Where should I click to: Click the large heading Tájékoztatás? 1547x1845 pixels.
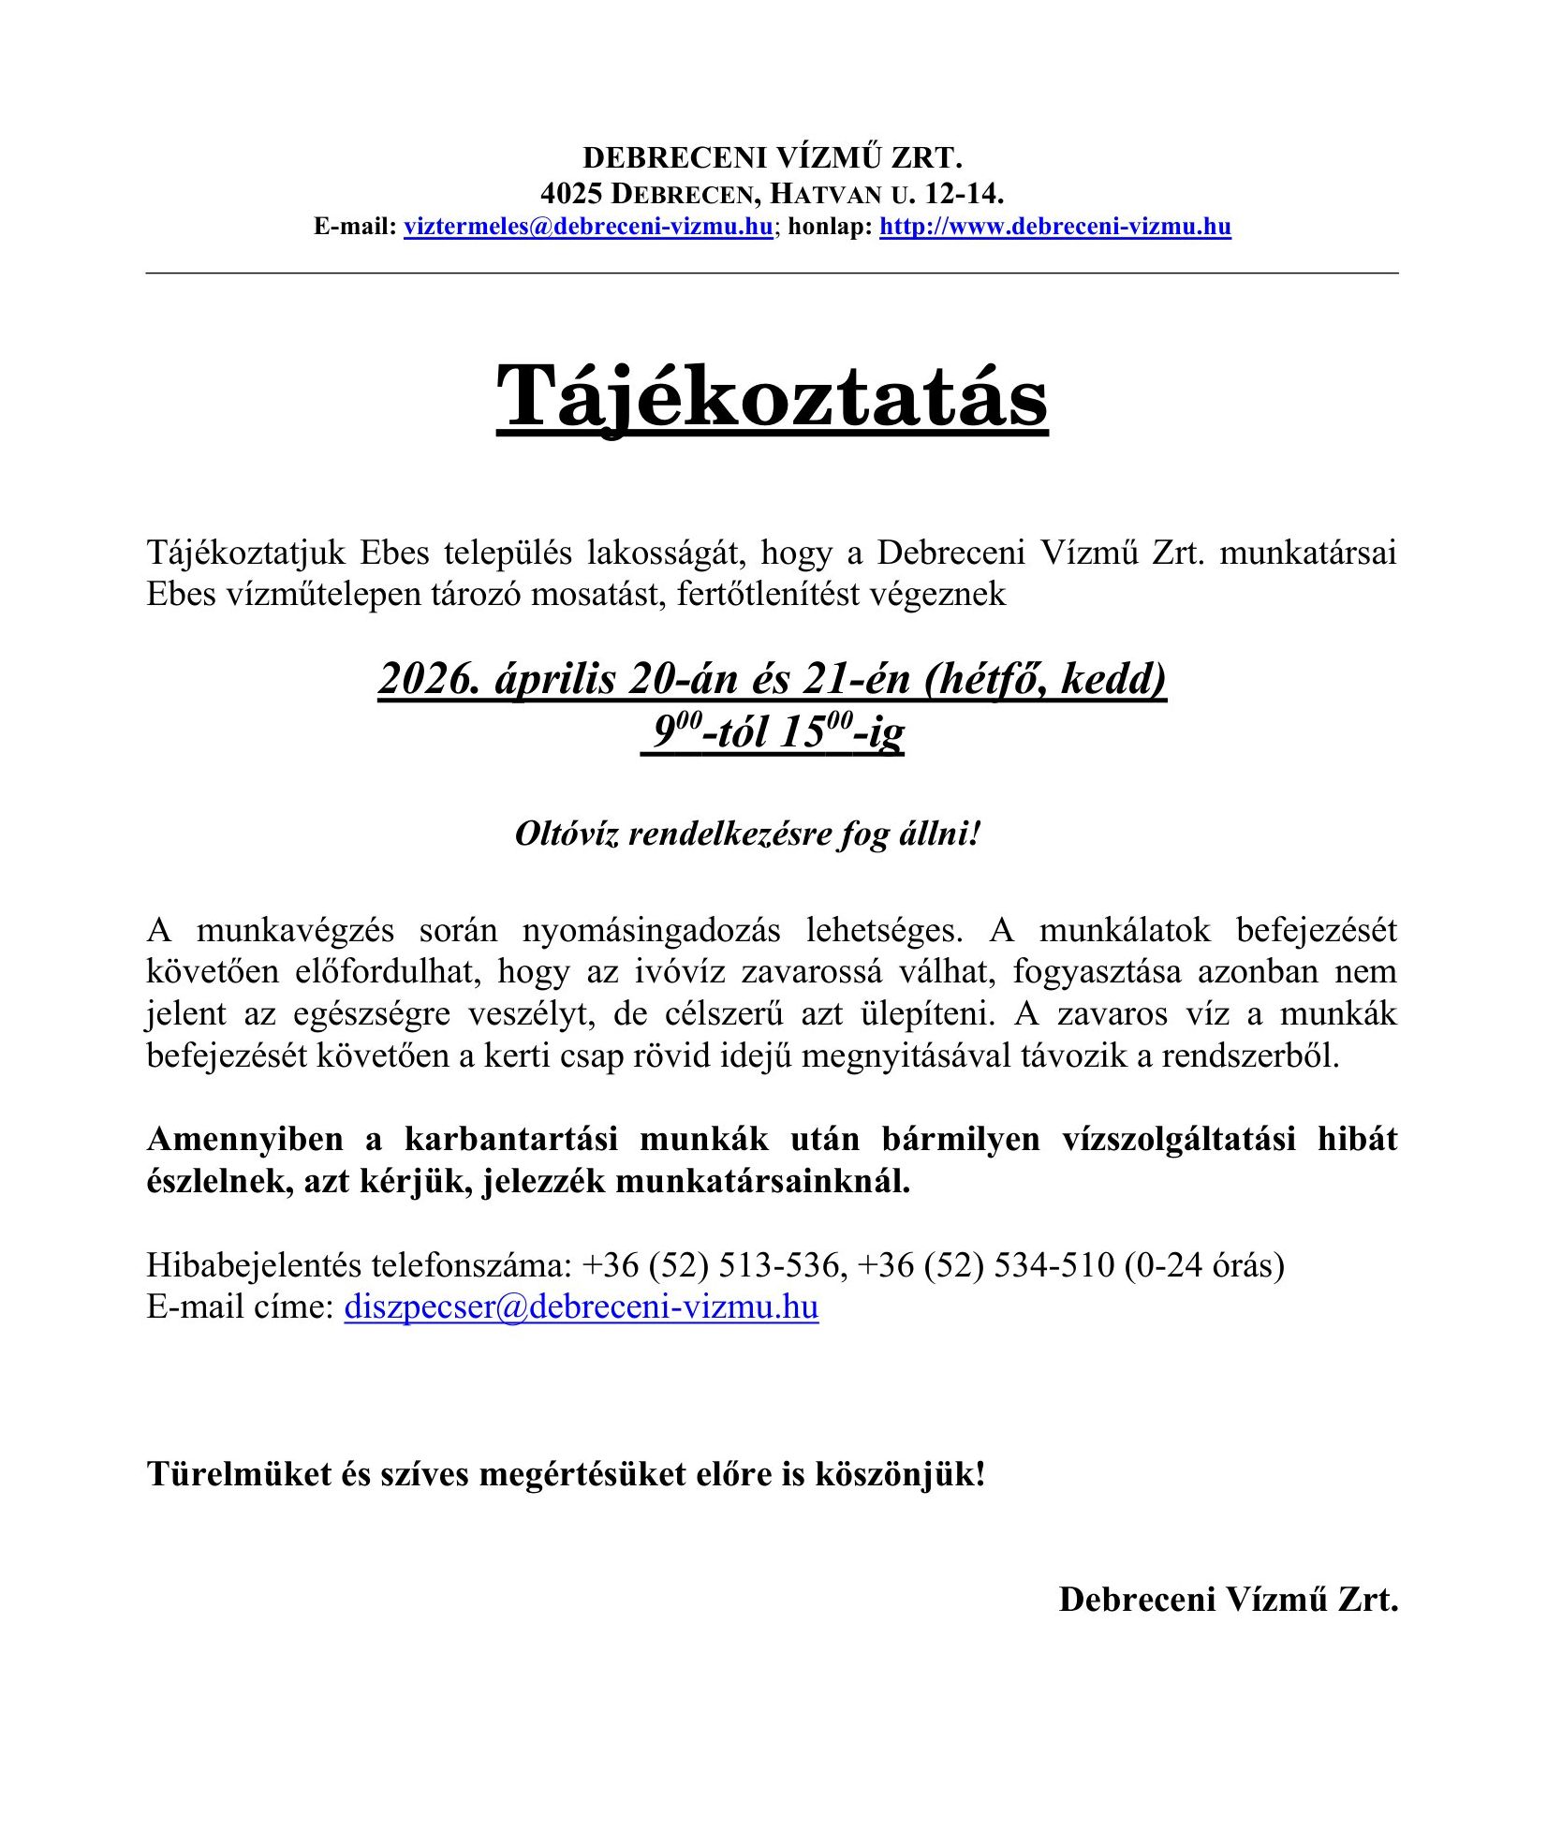tap(772, 397)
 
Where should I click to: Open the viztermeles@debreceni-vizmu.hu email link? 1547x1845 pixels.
tap(588, 227)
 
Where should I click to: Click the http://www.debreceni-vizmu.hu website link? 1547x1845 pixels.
tap(1054, 227)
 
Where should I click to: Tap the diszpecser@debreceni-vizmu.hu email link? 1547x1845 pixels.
tap(581, 1306)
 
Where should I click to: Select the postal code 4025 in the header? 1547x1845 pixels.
tap(570, 194)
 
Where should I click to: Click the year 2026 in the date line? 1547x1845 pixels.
tap(429, 679)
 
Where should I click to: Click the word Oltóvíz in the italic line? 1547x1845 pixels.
tap(567, 833)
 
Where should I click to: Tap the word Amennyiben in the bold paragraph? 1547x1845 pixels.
tap(245, 1140)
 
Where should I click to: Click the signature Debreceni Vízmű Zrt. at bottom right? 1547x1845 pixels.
tap(1228, 1599)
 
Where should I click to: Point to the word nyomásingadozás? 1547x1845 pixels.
tap(651, 930)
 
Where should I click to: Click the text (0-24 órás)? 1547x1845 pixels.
tap(1204, 1265)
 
